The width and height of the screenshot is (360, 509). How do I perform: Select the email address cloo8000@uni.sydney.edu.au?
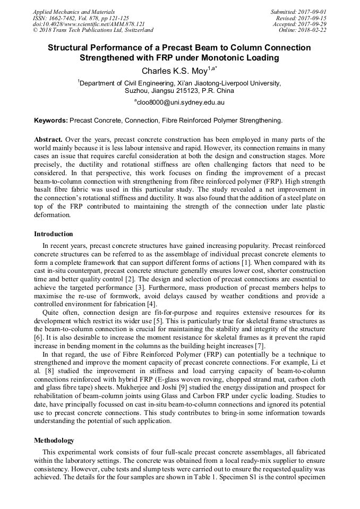click(180, 102)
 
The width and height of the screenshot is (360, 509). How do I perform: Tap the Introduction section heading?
click(54, 234)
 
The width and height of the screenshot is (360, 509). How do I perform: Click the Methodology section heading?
click(54, 441)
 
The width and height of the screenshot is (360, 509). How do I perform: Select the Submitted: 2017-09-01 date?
click(298, 11)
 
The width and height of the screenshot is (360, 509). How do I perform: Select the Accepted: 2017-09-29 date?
click(300, 24)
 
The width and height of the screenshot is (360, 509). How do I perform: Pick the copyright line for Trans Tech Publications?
click(93, 30)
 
